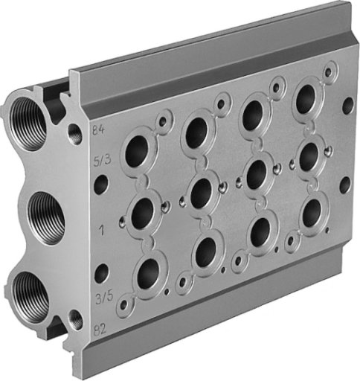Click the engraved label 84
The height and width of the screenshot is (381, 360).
click(98, 129)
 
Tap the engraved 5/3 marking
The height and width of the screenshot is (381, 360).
click(102, 160)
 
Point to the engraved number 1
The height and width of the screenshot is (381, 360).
click(101, 231)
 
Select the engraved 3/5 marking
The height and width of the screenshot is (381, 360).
click(104, 298)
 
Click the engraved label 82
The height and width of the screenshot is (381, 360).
click(100, 330)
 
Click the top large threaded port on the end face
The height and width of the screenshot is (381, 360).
click(28, 124)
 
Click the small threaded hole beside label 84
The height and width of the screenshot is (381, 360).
click(75, 135)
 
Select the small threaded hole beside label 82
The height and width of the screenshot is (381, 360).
click(76, 319)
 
